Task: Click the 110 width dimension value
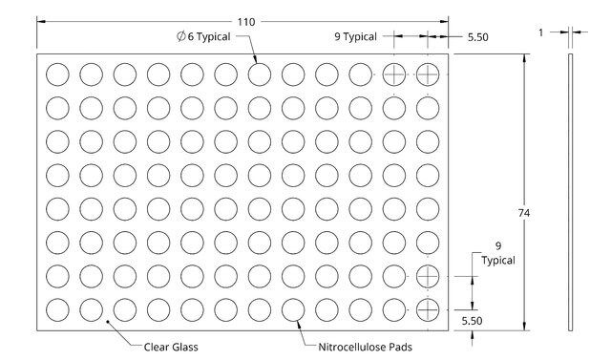pyautogui.click(x=246, y=22)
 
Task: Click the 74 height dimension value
pyautogui.click(x=524, y=213)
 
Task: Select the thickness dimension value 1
pyautogui.click(x=541, y=32)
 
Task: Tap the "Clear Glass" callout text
pyautogui.click(x=171, y=347)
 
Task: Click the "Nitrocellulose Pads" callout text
pyautogui.click(x=365, y=347)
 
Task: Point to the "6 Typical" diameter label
pyautogui.click(x=209, y=36)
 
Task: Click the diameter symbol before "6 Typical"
pyautogui.click(x=180, y=36)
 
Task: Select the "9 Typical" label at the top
pyautogui.click(x=355, y=36)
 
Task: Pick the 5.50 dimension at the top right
pyautogui.click(x=477, y=37)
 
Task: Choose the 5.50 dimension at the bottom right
pyautogui.click(x=472, y=321)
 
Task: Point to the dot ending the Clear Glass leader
pyautogui.click(x=108, y=322)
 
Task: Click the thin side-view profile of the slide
pyautogui.click(x=571, y=193)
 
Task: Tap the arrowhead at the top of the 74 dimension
pyautogui.click(x=524, y=58)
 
